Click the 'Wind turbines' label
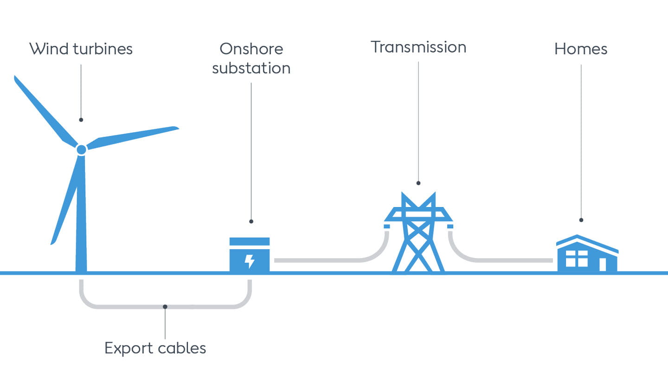81,49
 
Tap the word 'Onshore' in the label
251,49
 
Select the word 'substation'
251,68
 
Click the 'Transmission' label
418,47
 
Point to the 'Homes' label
581,49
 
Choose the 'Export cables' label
155,348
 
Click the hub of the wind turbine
81,149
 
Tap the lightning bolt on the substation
250,261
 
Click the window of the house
577,259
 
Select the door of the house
603,265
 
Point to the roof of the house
587,242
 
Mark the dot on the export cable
165,306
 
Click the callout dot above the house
581,220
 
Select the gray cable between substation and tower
325,260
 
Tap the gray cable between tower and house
501,260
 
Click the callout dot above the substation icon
251,221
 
